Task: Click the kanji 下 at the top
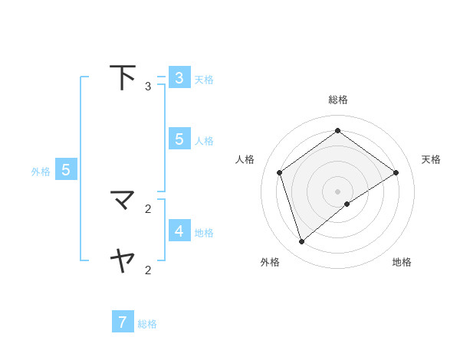point(123,77)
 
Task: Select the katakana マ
point(123,201)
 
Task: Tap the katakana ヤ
point(123,261)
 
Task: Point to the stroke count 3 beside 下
point(148,87)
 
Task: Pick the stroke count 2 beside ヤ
point(148,270)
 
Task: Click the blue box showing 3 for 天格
point(179,78)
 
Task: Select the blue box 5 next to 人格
point(179,139)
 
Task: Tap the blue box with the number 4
point(179,231)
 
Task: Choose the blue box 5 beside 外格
point(66,170)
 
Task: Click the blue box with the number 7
point(123,322)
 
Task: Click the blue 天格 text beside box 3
point(204,79)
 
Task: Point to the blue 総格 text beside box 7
point(147,324)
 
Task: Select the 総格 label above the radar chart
point(338,100)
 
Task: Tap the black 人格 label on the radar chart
point(245,159)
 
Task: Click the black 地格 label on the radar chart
point(402,262)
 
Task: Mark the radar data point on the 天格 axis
point(396,172)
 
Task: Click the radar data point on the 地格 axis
point(347,204)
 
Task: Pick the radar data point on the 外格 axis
point(301,242)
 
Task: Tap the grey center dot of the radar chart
point(337,191)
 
